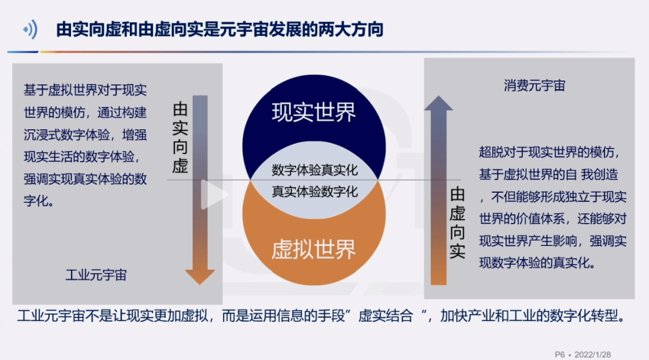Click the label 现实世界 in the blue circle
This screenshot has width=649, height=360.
tap(314, 112)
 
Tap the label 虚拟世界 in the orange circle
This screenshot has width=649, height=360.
tap(314, 249)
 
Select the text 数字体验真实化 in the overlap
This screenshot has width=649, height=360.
tap(314, 170)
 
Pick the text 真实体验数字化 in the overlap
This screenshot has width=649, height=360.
tap(314, 192)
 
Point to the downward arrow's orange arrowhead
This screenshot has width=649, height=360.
tap(200, 276)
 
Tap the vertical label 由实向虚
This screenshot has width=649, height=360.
tap(180, 138)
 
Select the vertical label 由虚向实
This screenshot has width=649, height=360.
tap(457, 223)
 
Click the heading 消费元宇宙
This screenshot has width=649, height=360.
tap(534, 86)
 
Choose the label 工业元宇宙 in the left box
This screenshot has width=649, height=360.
tap(96, 275)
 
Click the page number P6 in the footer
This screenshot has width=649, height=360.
tap(559, 355)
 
